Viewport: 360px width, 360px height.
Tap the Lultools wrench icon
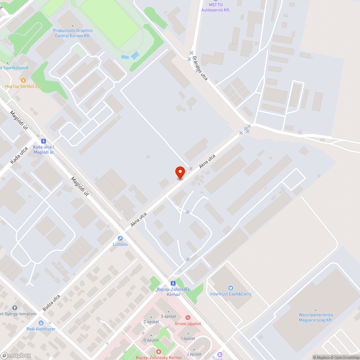click(x=120, y=238)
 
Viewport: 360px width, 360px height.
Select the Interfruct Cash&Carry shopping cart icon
click(x=231, y=288)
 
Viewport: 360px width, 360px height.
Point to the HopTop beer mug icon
click(x=23, y=80)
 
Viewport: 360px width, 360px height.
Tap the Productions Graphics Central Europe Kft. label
click(x=73, y=33)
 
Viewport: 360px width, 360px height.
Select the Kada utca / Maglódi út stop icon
click(x=44, y=141)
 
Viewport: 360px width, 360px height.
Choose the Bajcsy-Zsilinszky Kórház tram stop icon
click(x=173, y=283)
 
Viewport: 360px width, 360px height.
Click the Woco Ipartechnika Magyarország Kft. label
click(x=315, y=317)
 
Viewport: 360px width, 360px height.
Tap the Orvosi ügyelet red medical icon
click(x=187, y=318)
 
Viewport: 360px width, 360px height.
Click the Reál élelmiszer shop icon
click(x=41, y=323)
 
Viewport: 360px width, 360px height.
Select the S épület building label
click(x=168, y=316)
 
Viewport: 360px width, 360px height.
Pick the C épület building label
click(x=151, y=322)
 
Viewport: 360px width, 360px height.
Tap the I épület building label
click(x=188, y=338)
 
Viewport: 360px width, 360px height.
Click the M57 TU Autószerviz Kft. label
click(x=215, y=7)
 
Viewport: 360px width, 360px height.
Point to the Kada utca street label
click(x=19, y=156)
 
